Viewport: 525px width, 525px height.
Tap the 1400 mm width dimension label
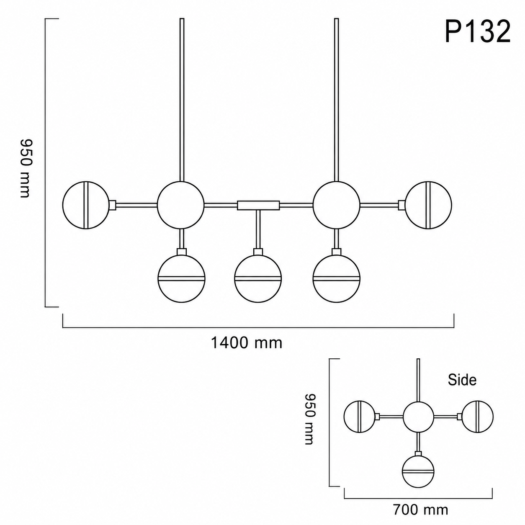click(247, 343)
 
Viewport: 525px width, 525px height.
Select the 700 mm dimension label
click(421, 509)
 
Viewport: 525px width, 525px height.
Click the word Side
click(462, 380)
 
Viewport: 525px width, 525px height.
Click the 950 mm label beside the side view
click(310, 419)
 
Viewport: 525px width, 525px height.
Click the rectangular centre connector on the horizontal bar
click(258, 205)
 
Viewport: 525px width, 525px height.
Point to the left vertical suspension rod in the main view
click(182, 100)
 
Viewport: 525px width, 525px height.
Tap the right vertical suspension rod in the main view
click(337, 100)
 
